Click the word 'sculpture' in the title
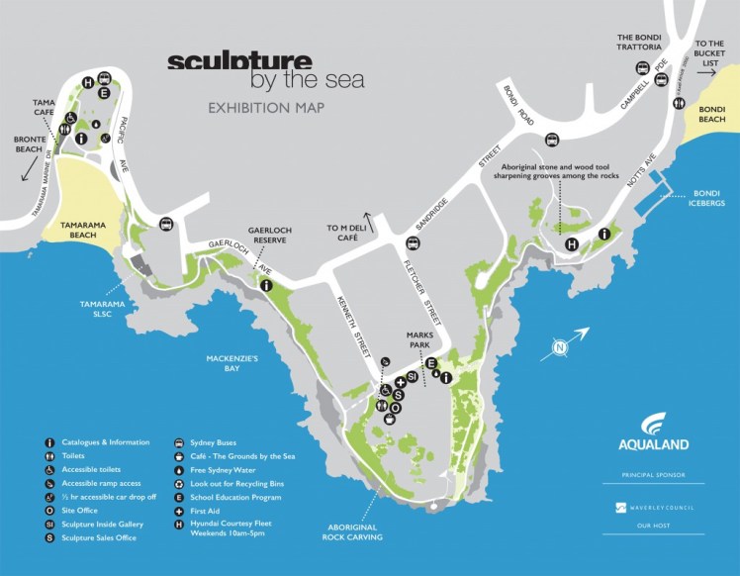pos(238,61)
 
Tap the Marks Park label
pos(420,339)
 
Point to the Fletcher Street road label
pos(421,292)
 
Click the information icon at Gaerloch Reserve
pos(266,285)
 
